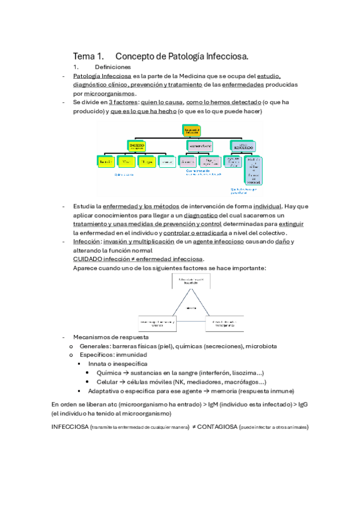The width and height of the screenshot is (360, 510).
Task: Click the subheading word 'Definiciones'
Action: coord(112,67)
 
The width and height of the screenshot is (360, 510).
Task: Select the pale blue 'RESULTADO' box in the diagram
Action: coord(242,146)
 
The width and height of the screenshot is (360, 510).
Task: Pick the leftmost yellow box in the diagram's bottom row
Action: coord(106,161)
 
